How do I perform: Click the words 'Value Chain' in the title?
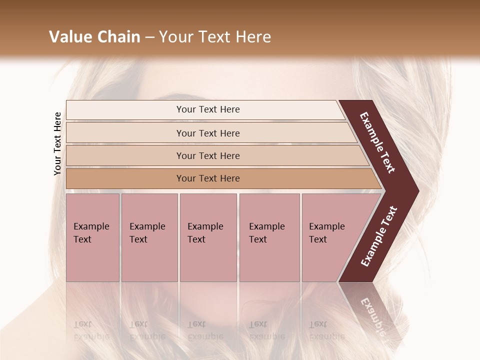pyautogui.click(x=94, y=37)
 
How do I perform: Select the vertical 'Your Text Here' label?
pyautogui.click(x=57, y=143)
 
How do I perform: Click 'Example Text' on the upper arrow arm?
pyautogui.click(x=377, y=142)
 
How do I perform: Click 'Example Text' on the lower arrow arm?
pyautogui.click(x=378, y=236)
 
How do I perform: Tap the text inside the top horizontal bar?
pyautogui.click(x=208, y=109)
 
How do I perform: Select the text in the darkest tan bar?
pyautogui.click(x=208, y=178)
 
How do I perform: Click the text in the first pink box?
pyautogui.click(x=91, y=232)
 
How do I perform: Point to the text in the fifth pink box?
pyautogui.click(x=326, y=232)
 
